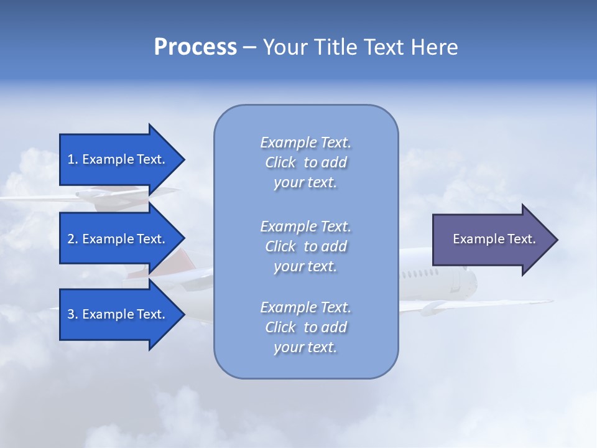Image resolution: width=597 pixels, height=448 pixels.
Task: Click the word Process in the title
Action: click(195, 47)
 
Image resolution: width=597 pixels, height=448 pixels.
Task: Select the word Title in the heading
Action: click(334, 47)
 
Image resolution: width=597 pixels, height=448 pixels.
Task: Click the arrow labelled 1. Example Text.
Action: click(118, 159)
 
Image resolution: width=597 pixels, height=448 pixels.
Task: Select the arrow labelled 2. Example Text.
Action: click(118, 239)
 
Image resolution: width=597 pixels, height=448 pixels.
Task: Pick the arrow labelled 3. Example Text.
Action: click(118, 314)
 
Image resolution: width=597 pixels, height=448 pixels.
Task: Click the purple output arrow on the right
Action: click(491, 239)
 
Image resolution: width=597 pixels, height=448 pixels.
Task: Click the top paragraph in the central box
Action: click(305, 162)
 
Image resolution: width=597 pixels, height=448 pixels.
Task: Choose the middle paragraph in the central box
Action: click(305, 246)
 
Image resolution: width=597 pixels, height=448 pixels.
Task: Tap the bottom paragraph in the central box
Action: click(305, 327)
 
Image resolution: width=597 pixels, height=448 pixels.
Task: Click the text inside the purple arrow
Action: click(494, 239)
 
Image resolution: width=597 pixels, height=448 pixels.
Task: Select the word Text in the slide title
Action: click(382, 47)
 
